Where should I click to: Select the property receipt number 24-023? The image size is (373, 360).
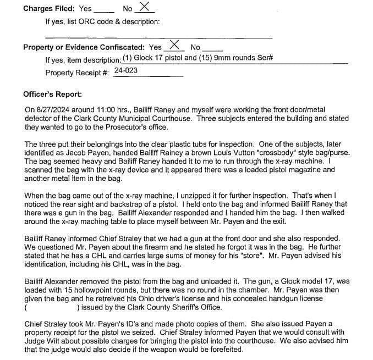coord(125,71)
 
